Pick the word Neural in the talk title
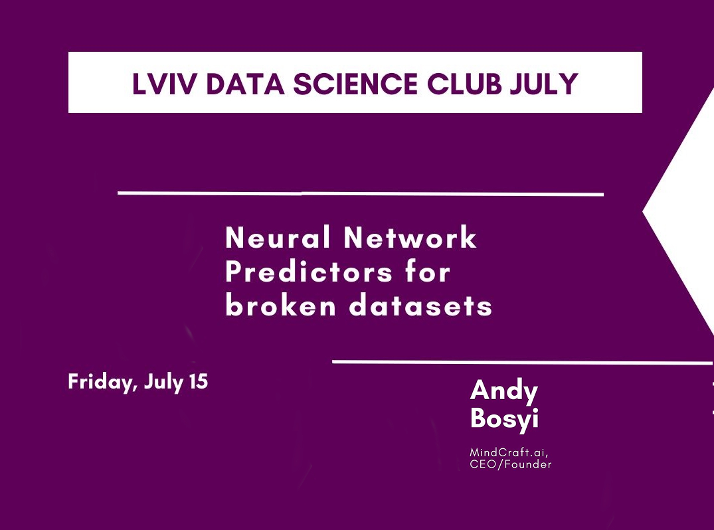point(278,238)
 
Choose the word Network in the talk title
point(410,238)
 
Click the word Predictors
point(310,272)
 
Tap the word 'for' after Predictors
point(428,272)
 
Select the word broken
point(281,306)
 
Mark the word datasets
point(420,306)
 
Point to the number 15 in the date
point(199,381)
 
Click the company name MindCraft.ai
point(509,452)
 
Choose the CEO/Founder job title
point(511,464)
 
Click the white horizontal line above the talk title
point(361,194)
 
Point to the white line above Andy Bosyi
point(523,363)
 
